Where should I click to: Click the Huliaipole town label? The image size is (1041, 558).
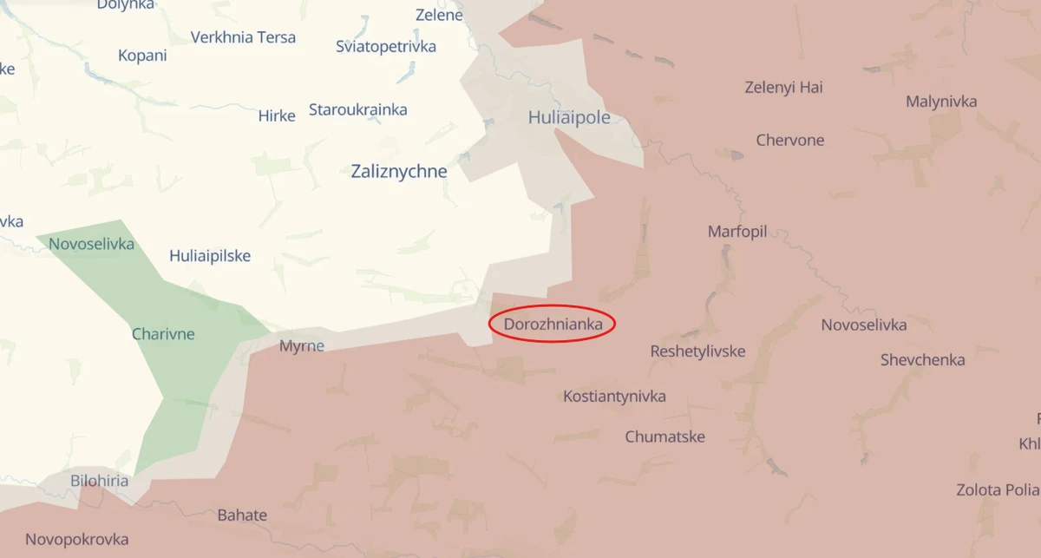click(569, 117)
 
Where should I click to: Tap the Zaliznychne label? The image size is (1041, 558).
click(399, 171)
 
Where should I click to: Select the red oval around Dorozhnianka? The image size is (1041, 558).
click(552, 324)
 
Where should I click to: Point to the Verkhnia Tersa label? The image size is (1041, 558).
click(243, 37)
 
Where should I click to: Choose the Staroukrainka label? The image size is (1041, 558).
click(357, 110)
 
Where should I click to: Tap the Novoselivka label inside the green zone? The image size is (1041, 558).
click(91, 244)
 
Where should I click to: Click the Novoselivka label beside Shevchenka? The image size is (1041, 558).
click(864, 325)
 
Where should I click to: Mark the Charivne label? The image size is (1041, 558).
click(163, 334)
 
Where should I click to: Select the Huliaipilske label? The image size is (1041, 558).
click(210, 256)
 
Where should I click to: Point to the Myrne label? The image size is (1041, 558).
click(302, 346)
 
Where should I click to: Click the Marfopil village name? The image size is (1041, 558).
click(737, 232)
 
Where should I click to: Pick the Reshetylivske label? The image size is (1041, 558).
click(697, 351)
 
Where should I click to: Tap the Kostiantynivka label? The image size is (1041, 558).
click(614, 397)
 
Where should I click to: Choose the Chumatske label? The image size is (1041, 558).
click(665, 437)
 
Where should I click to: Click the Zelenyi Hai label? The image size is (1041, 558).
click(783, 87)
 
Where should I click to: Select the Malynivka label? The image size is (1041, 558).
click(941, 102)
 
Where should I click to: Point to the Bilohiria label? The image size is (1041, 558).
click(100, 481)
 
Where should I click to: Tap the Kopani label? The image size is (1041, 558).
click(142, 56)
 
